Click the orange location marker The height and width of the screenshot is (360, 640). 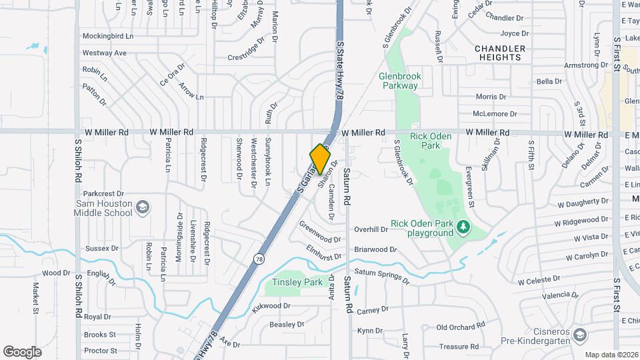[321, 159]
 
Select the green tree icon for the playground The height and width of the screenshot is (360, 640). [463, 229]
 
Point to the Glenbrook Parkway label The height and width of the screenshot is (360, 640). [399, 81]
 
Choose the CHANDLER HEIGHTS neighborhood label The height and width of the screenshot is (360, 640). [499, 53]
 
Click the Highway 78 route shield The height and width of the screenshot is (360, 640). [257, 258]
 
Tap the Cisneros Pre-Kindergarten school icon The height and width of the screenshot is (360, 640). [580, 333]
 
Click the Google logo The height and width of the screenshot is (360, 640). [22, 352]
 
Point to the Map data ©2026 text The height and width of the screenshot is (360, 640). [611, 355]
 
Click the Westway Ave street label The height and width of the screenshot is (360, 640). [104, 53]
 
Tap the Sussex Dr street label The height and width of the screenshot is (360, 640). [101, 249]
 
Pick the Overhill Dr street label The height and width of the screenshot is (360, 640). [371, 229]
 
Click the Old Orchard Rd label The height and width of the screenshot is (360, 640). [461, 327]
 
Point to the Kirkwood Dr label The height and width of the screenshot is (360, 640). [271, 306]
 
